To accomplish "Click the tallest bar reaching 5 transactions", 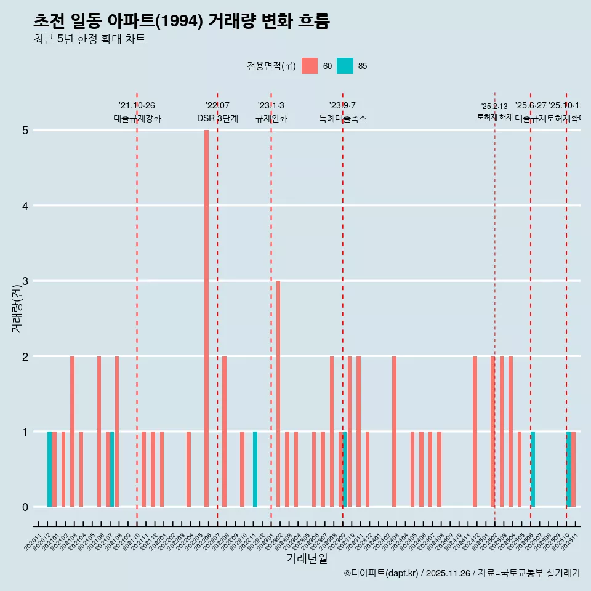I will tap(206, 318).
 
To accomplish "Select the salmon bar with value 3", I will tap(278, 393).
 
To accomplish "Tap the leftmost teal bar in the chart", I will tap(49, 469).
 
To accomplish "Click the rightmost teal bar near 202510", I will tap(568, 469).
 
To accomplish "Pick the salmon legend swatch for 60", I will tap(310, 66).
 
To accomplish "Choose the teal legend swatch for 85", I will tap(345, 66).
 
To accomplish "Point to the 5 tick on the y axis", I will tap(25, 131).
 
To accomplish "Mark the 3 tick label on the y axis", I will tap(25, 281).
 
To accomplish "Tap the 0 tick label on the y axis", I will tap(25, 507).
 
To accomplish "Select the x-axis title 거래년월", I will tap(307, 558).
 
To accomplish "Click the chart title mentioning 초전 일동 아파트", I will tap(182, 21).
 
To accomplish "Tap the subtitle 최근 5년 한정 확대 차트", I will tap(89, 39).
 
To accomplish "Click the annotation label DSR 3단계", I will tap(217, 118).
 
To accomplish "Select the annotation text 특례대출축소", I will tap(342, 118).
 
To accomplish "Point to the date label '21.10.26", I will tap(137, 106).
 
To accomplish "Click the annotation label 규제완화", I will tap(271, 118).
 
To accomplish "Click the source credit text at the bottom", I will tap(462, 573).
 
